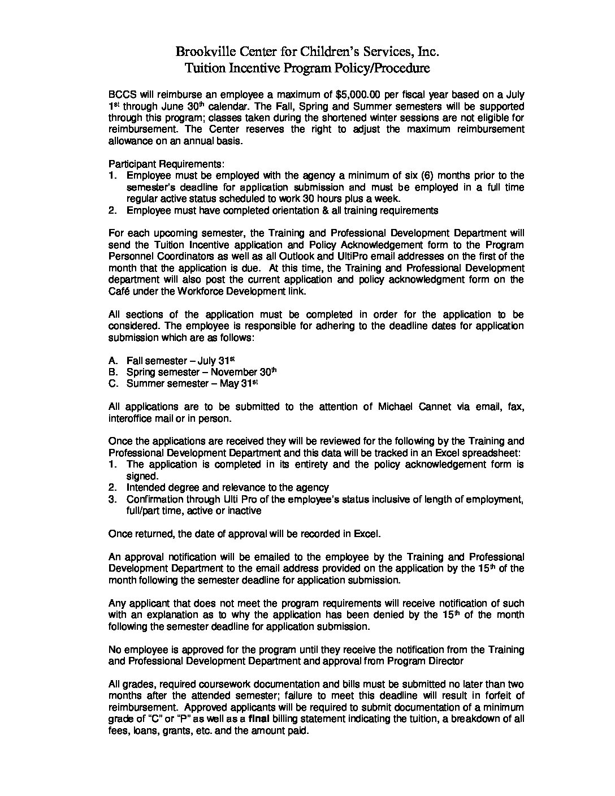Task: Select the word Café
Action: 119,291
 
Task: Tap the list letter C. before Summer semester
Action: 113,384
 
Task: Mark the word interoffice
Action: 130,418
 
